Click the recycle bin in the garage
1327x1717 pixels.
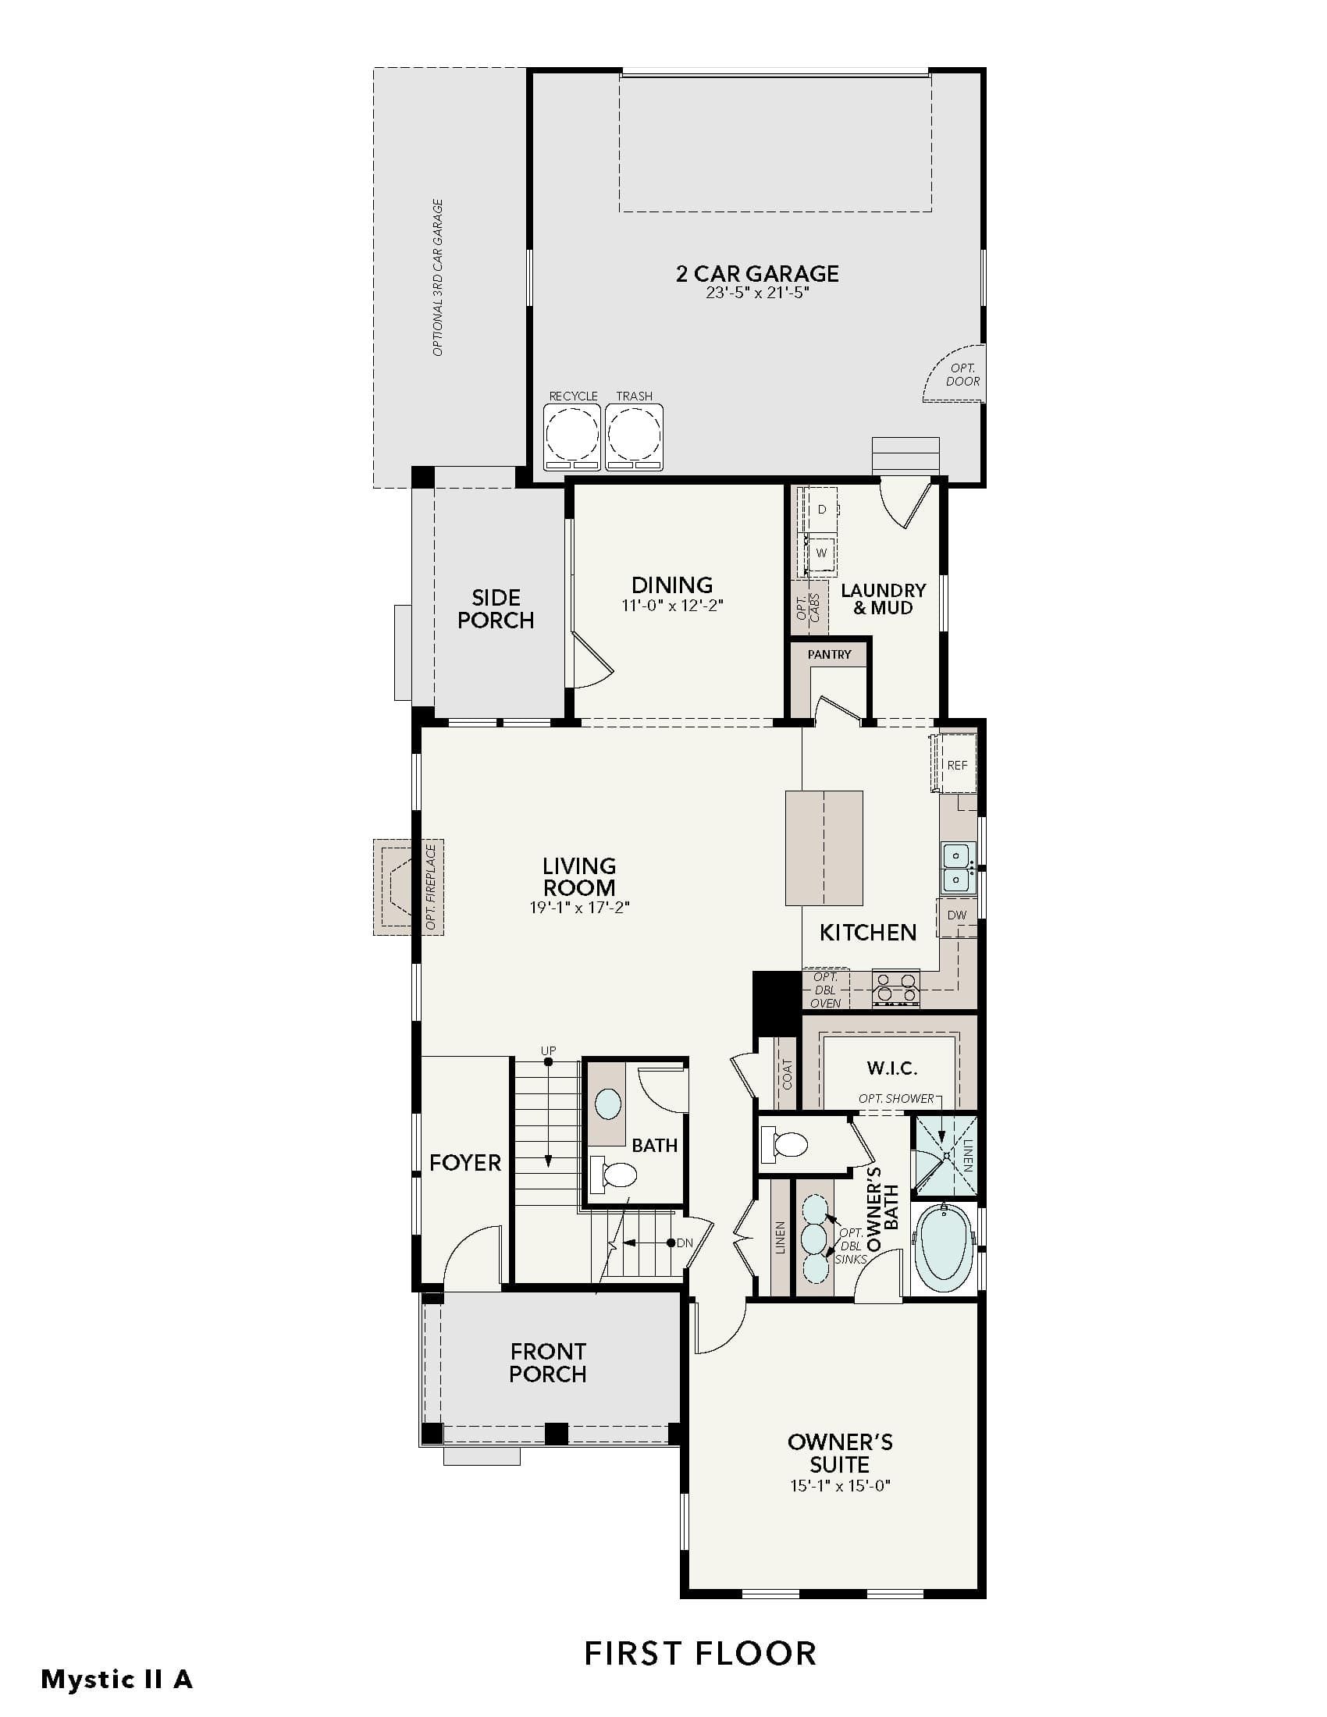pyautogui.click(x=573, y=436)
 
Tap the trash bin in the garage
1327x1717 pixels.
pyautogui.click(x=634, y=436)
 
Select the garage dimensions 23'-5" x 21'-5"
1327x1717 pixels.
pyautogui.click(x=757, y=293)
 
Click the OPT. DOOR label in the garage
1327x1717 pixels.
pyautogui.click(x=963, y=374)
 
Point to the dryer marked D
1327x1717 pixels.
pyautogui.click(x=821, y=510)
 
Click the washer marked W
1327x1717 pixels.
pyautogui.click(x=821, y=552)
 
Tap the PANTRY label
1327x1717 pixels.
pyautogui.click(x=829, y=654)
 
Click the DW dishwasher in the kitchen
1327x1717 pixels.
pyautogui.click(x=957, y=915)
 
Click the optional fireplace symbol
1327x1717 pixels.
pyautogui.click(x=408, y=887)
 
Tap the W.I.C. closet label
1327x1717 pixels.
pyautogui.click(x=892, y=1068)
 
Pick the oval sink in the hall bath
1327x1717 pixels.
pyautogui.click(x=607, y=1103)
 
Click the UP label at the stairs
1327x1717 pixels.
pyautogui.click(x=548, y=1050)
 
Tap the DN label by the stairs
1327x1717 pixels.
pyautogui.click(x=685, y=1243)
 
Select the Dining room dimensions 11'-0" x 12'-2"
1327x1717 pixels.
pyautogui.click(x=672, y=606)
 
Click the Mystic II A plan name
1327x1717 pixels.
pyautogui.click(x=116, y=1680)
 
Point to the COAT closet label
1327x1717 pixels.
pyautogui.click(x=788, y=1074)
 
